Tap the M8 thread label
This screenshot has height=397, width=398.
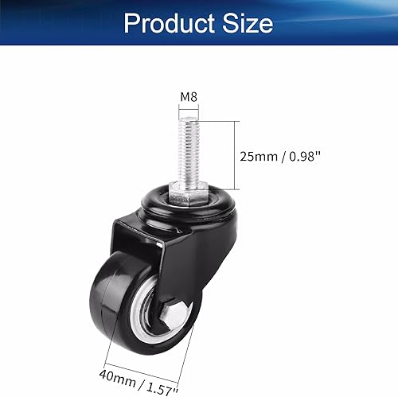[x=188, y=98]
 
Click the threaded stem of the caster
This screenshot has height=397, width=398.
[x=189, y=151]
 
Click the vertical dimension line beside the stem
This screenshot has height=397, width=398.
[x=236, y=154]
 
